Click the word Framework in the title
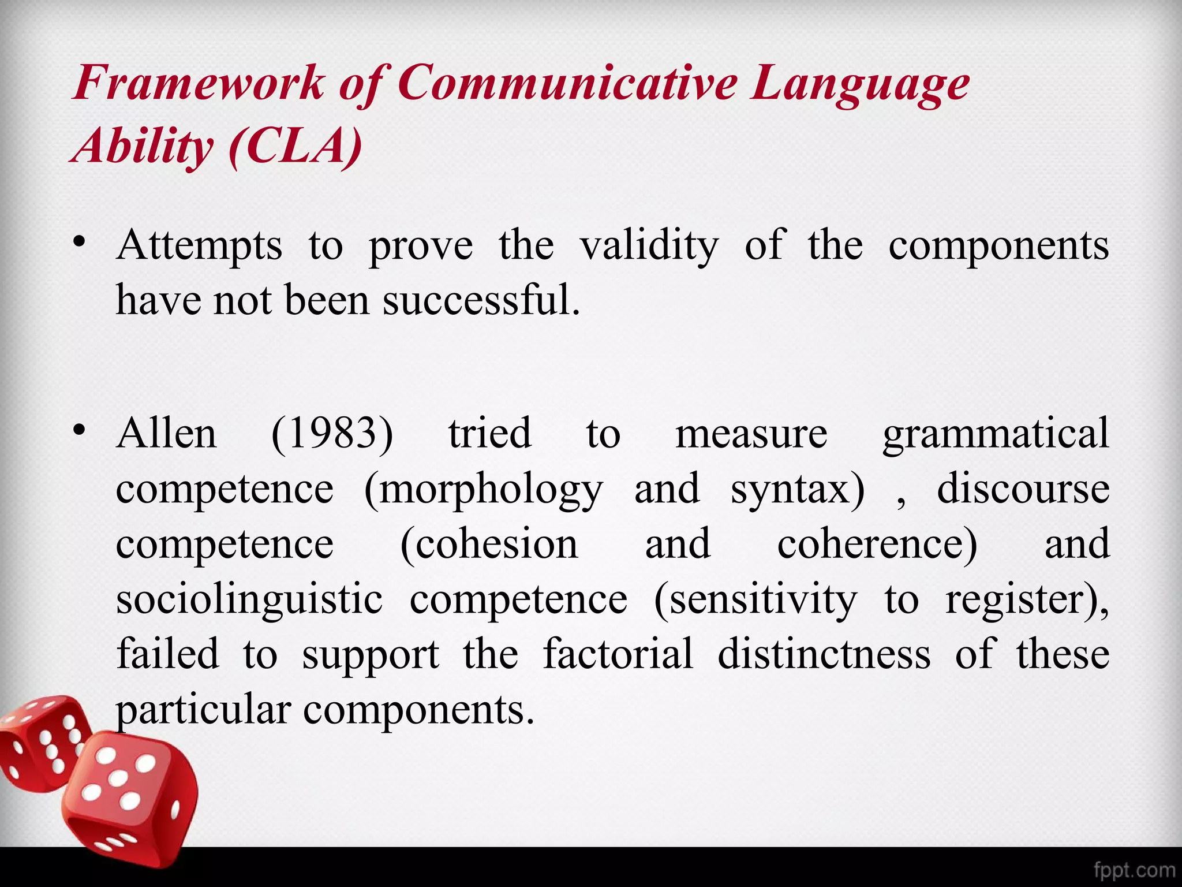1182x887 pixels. click(199, 83)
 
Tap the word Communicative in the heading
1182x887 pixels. click(567, 83)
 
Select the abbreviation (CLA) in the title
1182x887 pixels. click(295, 146)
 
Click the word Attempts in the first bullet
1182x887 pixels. click(199, 246)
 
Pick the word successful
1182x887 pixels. click(481, 300)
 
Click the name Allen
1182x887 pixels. click(166, 433)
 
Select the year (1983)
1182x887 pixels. click(332, 434)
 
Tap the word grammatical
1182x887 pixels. click(996, 434)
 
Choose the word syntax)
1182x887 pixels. click(798, 490)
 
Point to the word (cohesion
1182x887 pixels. click(489, 545)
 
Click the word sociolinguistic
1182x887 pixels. click(249, 601)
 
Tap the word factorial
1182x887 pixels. click(618, 654)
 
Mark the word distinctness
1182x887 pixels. click(824, 654)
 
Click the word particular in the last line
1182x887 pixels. click(203, 710)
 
